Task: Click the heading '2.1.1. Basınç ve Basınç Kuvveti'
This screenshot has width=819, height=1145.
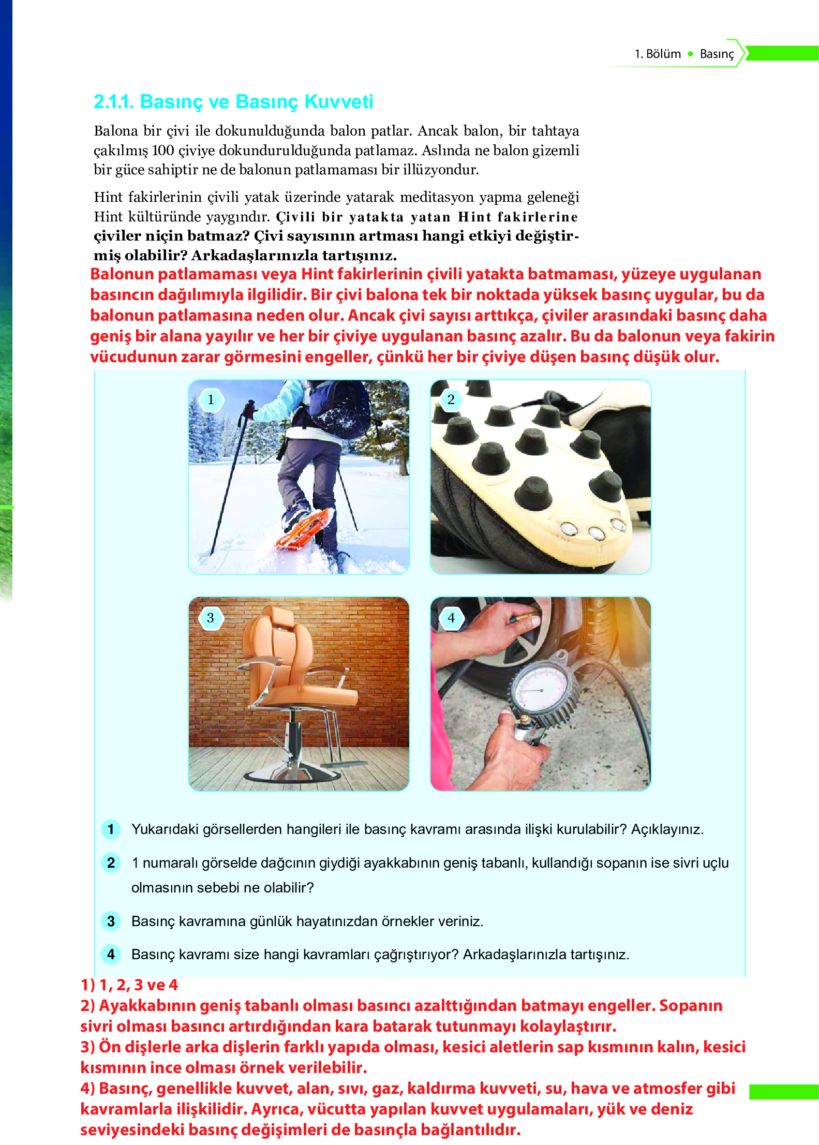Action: [233, 102]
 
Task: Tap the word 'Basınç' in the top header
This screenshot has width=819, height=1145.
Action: [717, 54]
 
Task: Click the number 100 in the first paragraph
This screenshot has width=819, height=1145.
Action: [162, 151]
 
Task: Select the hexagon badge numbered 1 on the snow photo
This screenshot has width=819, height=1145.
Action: [211, 400]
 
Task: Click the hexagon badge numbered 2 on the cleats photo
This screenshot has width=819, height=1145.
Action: [451, 400]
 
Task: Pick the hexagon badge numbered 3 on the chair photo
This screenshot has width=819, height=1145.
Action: [211, 618]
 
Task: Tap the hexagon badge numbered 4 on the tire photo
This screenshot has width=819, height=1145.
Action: [451, 618]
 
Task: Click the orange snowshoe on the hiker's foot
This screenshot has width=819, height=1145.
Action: [305, 528]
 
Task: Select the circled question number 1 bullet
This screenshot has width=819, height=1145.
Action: [111, 829]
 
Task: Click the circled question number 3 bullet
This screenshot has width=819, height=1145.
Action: [111, 921]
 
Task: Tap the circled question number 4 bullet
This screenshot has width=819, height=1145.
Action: [111, 955]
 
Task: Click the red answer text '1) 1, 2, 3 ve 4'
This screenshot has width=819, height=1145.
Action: [129, 985]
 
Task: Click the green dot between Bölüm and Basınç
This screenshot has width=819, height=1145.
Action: [690, 54]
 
